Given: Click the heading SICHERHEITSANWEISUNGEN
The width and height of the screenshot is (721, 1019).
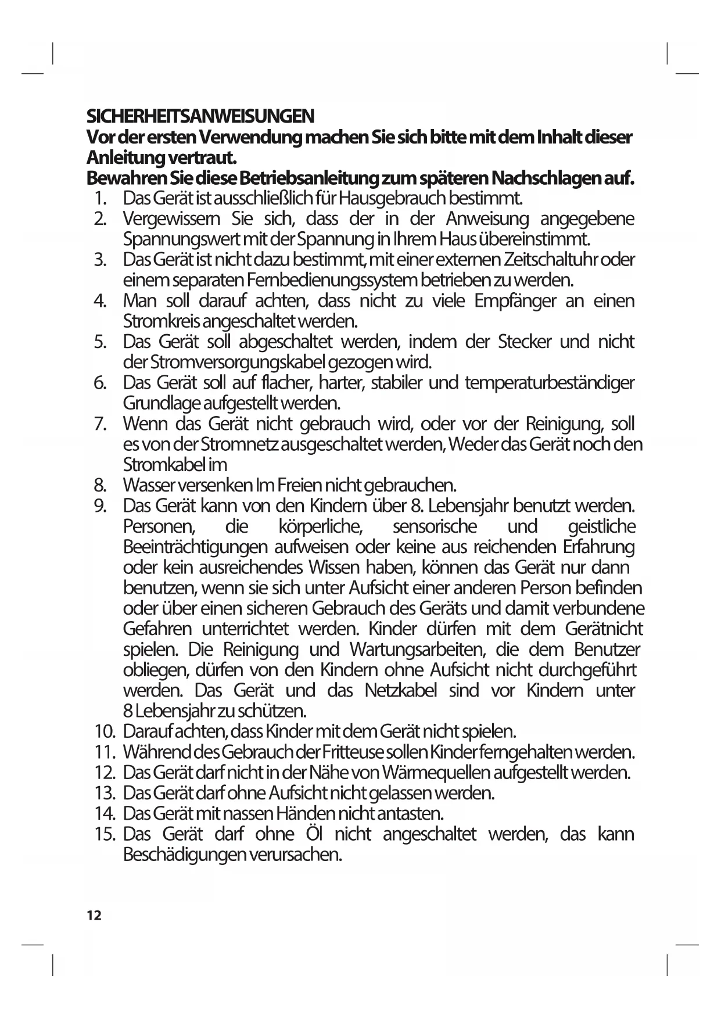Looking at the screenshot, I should (200, 116).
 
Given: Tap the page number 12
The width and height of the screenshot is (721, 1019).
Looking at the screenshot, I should (94, 916).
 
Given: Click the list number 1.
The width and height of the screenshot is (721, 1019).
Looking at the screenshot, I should (99, 199).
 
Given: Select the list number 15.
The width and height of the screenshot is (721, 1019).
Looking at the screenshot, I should (105, 835).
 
